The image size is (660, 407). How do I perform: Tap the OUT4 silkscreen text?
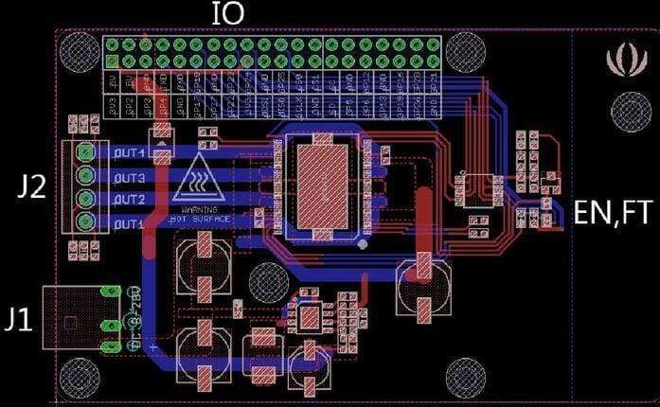129,152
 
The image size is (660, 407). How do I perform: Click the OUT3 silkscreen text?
129,178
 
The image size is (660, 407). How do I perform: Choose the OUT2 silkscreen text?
129,201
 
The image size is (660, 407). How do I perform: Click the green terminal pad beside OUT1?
87,223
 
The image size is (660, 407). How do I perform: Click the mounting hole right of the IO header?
466,52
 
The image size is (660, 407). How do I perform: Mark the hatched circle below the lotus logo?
630,113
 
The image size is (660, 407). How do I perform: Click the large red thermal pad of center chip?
324,184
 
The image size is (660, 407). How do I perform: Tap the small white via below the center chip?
363,245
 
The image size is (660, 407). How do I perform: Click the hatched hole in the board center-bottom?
269,281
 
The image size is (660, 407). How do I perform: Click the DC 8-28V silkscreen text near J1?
134,317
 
